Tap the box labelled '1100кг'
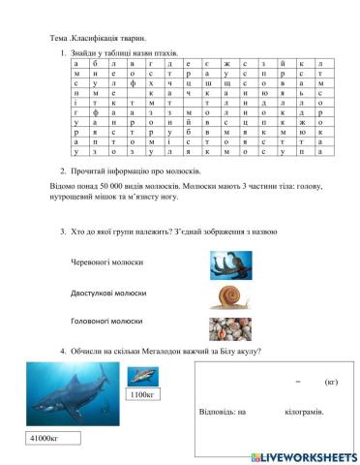[142, 395]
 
